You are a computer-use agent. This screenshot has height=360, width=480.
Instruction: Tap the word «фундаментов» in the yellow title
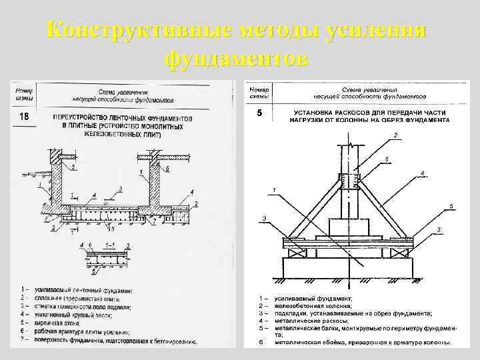(235, 59)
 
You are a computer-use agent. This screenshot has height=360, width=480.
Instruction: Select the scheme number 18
(24, 117)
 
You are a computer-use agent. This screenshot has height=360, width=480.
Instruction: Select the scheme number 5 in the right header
(259, 113)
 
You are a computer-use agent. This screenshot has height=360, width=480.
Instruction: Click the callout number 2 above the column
(395, 135)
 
